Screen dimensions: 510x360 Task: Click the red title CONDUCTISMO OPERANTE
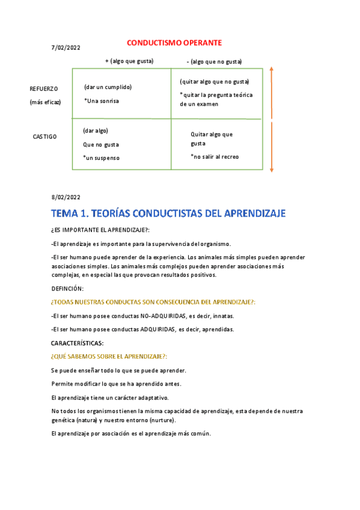(x=174, y=43)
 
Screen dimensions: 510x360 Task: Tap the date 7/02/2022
(x=66, y=48)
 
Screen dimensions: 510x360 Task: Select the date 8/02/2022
(x=66, y=197)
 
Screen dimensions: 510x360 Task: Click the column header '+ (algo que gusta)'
(x=129, y=61)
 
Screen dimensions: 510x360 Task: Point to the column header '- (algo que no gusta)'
(x=214, y=61)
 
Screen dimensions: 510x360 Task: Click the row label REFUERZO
(x=44, y=89)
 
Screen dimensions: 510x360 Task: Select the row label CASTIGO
(x=44, y=137)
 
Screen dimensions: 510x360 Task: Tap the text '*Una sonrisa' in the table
(x=102, y=101)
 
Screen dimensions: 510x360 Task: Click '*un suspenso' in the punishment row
(x=102, y=158)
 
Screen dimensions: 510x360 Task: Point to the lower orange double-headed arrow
(x=272, y=147)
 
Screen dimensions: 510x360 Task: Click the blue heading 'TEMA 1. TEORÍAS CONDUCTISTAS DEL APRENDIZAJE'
(x=168, y=214)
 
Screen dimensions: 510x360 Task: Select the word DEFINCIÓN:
(x=68, y=289)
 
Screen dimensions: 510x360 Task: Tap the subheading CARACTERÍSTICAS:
(x=78, y=343)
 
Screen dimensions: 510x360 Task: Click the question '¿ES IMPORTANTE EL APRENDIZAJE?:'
(x=100, y=231)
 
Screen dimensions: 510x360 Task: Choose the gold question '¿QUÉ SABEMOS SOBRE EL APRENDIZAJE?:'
(x=109, y=357)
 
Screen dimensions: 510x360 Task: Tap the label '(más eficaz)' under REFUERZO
(x=46, y=102)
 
